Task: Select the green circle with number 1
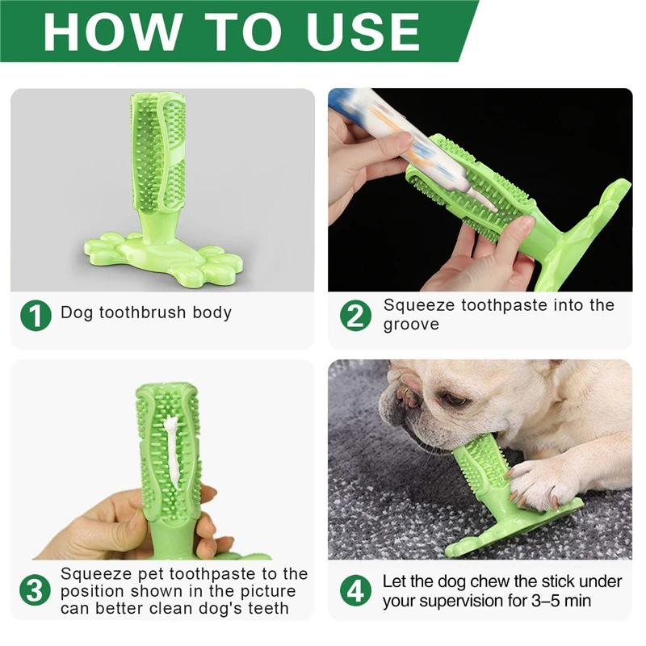(36, 315)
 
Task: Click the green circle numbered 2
(355, 315)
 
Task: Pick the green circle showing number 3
(35, 590)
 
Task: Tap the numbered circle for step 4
(355, 590)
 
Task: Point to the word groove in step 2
(411, 325)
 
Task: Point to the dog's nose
(406, 400)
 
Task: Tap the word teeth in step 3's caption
(269, 609)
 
